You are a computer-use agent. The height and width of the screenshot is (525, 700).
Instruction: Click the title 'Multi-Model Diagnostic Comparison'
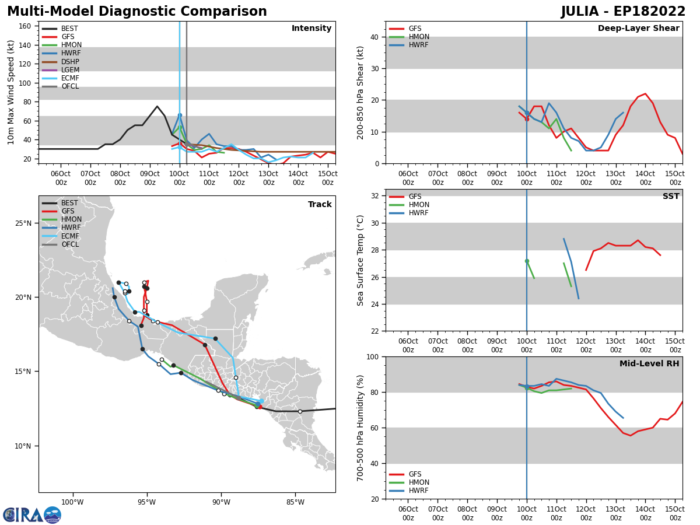pos(136,12)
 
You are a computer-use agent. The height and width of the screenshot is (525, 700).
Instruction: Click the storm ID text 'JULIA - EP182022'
pos(623,12)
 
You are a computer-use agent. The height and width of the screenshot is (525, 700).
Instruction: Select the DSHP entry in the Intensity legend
pos(70,62)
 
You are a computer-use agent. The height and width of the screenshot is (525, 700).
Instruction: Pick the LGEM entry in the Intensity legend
pos(70,70)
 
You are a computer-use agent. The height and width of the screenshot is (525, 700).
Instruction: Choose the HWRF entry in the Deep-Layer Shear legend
pos(418,45)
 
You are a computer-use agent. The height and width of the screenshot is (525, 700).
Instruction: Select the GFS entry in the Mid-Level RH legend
pos(415,474)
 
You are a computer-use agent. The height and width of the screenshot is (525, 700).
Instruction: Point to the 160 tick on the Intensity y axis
pos(26,26)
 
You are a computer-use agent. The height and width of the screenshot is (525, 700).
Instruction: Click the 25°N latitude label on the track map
pos(24,223)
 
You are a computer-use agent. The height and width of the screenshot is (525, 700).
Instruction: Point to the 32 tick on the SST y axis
pos(376,196)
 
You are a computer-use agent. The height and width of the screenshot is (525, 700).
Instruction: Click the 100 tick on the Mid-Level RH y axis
pos(373,356)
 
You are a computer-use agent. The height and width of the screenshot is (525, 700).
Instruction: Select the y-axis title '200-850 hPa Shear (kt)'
pos(361,92)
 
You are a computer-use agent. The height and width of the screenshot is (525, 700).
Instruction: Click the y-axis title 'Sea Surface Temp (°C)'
pos(361,260)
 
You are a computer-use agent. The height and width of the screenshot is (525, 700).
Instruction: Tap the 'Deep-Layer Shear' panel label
pos(638,29)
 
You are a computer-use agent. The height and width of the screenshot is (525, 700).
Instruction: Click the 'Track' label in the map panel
pos(320,205)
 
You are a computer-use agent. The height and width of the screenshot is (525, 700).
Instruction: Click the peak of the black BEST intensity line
pos(157,107)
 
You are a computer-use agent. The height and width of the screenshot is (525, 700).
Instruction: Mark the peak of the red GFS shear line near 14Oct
pos(645,93)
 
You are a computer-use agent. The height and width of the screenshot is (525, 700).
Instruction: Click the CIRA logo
pos(32,515)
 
